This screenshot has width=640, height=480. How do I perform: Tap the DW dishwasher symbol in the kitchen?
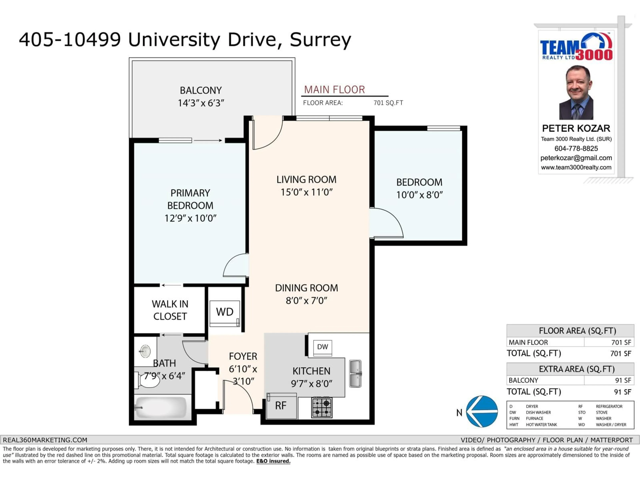(x=322, y=347)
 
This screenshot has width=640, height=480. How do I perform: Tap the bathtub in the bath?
(x=161, y=407)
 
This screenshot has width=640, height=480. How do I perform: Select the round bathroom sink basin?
(x=145, y=351)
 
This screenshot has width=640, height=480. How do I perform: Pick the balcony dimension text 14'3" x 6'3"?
(x=201, y=103)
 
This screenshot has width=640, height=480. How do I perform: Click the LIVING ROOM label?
(x=306, y=180)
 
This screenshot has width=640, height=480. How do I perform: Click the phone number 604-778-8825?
(x=576, y=148)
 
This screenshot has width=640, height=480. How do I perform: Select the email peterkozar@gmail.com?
(x=576, y=158)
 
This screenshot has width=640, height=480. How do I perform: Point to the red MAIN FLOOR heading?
(x=334, y=90)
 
